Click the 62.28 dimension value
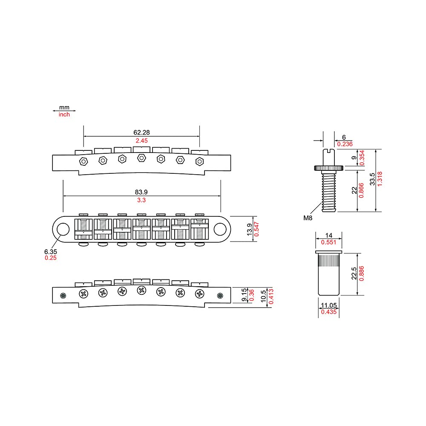tap(141, 132)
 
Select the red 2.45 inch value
tap(141, 141)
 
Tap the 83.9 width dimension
tap(141, 192)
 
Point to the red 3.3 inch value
tap(141, 200)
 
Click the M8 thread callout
tap(308, 218)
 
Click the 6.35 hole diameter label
tap(50, 251)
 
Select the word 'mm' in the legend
tap(64, 108)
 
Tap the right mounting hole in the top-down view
tap(220, 229)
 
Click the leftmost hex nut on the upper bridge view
tap(83, 161)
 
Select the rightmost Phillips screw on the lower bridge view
tap(199, 293)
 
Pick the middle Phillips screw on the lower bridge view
tap(141, 291)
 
